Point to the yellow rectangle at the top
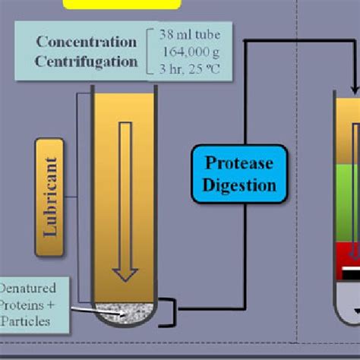[122, 4]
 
